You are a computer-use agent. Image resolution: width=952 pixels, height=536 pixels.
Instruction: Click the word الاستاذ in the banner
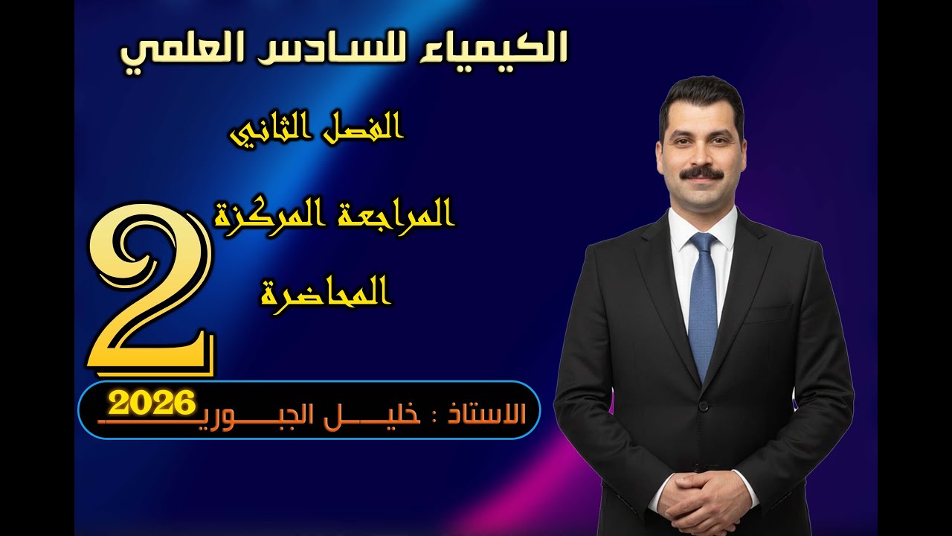tap(483, 415)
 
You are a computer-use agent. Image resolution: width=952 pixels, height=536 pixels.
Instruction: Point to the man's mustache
tap(702, 173)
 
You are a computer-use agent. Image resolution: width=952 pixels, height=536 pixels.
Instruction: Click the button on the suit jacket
tap(702, 406)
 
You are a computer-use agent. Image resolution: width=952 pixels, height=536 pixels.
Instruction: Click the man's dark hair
tap(701, 97)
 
